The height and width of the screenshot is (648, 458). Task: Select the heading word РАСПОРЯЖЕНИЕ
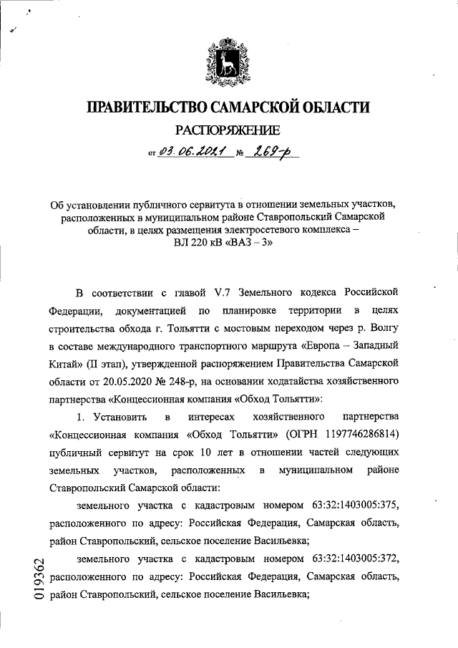(x=228, y=130)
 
